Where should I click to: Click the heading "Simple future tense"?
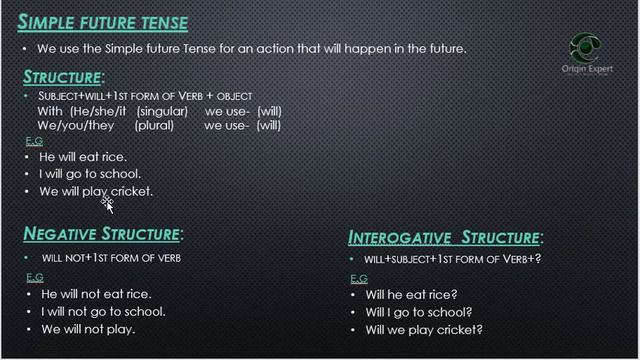click(x=103, y=22)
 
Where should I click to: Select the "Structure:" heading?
click(x=63, y=77)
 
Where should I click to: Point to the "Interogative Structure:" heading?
click(x=446, y=238)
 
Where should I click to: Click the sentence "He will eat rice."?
click(x=83, y=156)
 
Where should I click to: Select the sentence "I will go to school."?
click(x=91, y=173)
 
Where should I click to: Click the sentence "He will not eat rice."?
click(x=95, y=294)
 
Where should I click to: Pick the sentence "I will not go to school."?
click(x=102, y=311)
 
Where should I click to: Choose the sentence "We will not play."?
click(x=87, y=328)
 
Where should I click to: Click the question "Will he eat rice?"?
click(x=411, y=295)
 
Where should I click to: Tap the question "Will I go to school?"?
click(x=419, y=312)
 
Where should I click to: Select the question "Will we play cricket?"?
click(x=424, y=329)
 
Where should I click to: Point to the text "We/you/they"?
click(x=74, y=126)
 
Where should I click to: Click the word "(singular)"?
click(x=163, y=111)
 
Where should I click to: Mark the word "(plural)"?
click(x=154, y=126)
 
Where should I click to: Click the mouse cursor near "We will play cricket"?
click(x=107, y=204)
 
